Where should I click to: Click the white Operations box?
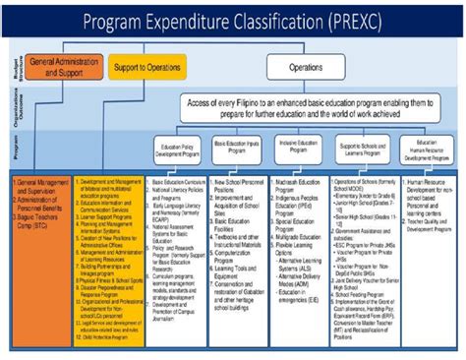305,67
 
